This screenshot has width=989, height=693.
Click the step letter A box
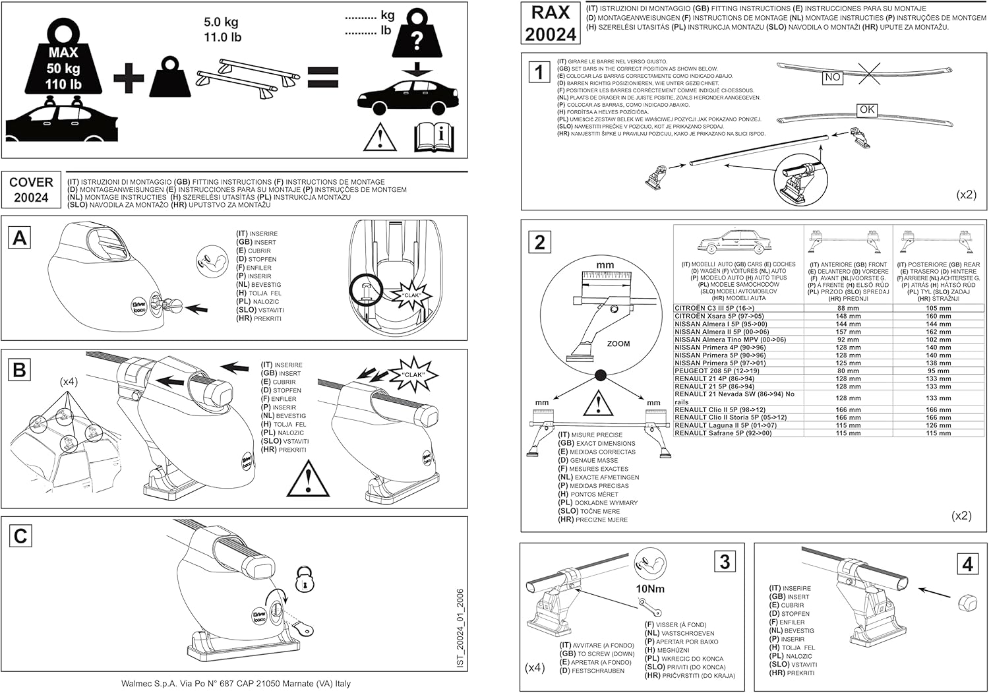[20, 237]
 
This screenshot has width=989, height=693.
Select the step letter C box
[20, 536]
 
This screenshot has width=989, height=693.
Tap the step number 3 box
[725, 561]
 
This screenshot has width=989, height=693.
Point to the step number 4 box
[967, 564]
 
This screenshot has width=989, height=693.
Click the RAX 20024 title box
[551, 24]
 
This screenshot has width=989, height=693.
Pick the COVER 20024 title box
[31, 190]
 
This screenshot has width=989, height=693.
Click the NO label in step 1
[833, 77]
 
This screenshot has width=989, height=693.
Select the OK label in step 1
[867, 109]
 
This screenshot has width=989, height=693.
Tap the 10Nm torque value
[650, 588]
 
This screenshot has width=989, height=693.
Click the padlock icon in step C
[305, 580]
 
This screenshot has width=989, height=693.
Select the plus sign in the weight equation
[129, 79]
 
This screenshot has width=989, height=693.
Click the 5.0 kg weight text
[222, 22]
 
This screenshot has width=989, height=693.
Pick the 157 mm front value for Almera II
[848, 332]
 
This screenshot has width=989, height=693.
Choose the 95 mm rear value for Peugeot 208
[938, 371]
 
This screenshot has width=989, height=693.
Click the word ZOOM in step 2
[618, 344]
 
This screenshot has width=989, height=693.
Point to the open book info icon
[434, 136]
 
